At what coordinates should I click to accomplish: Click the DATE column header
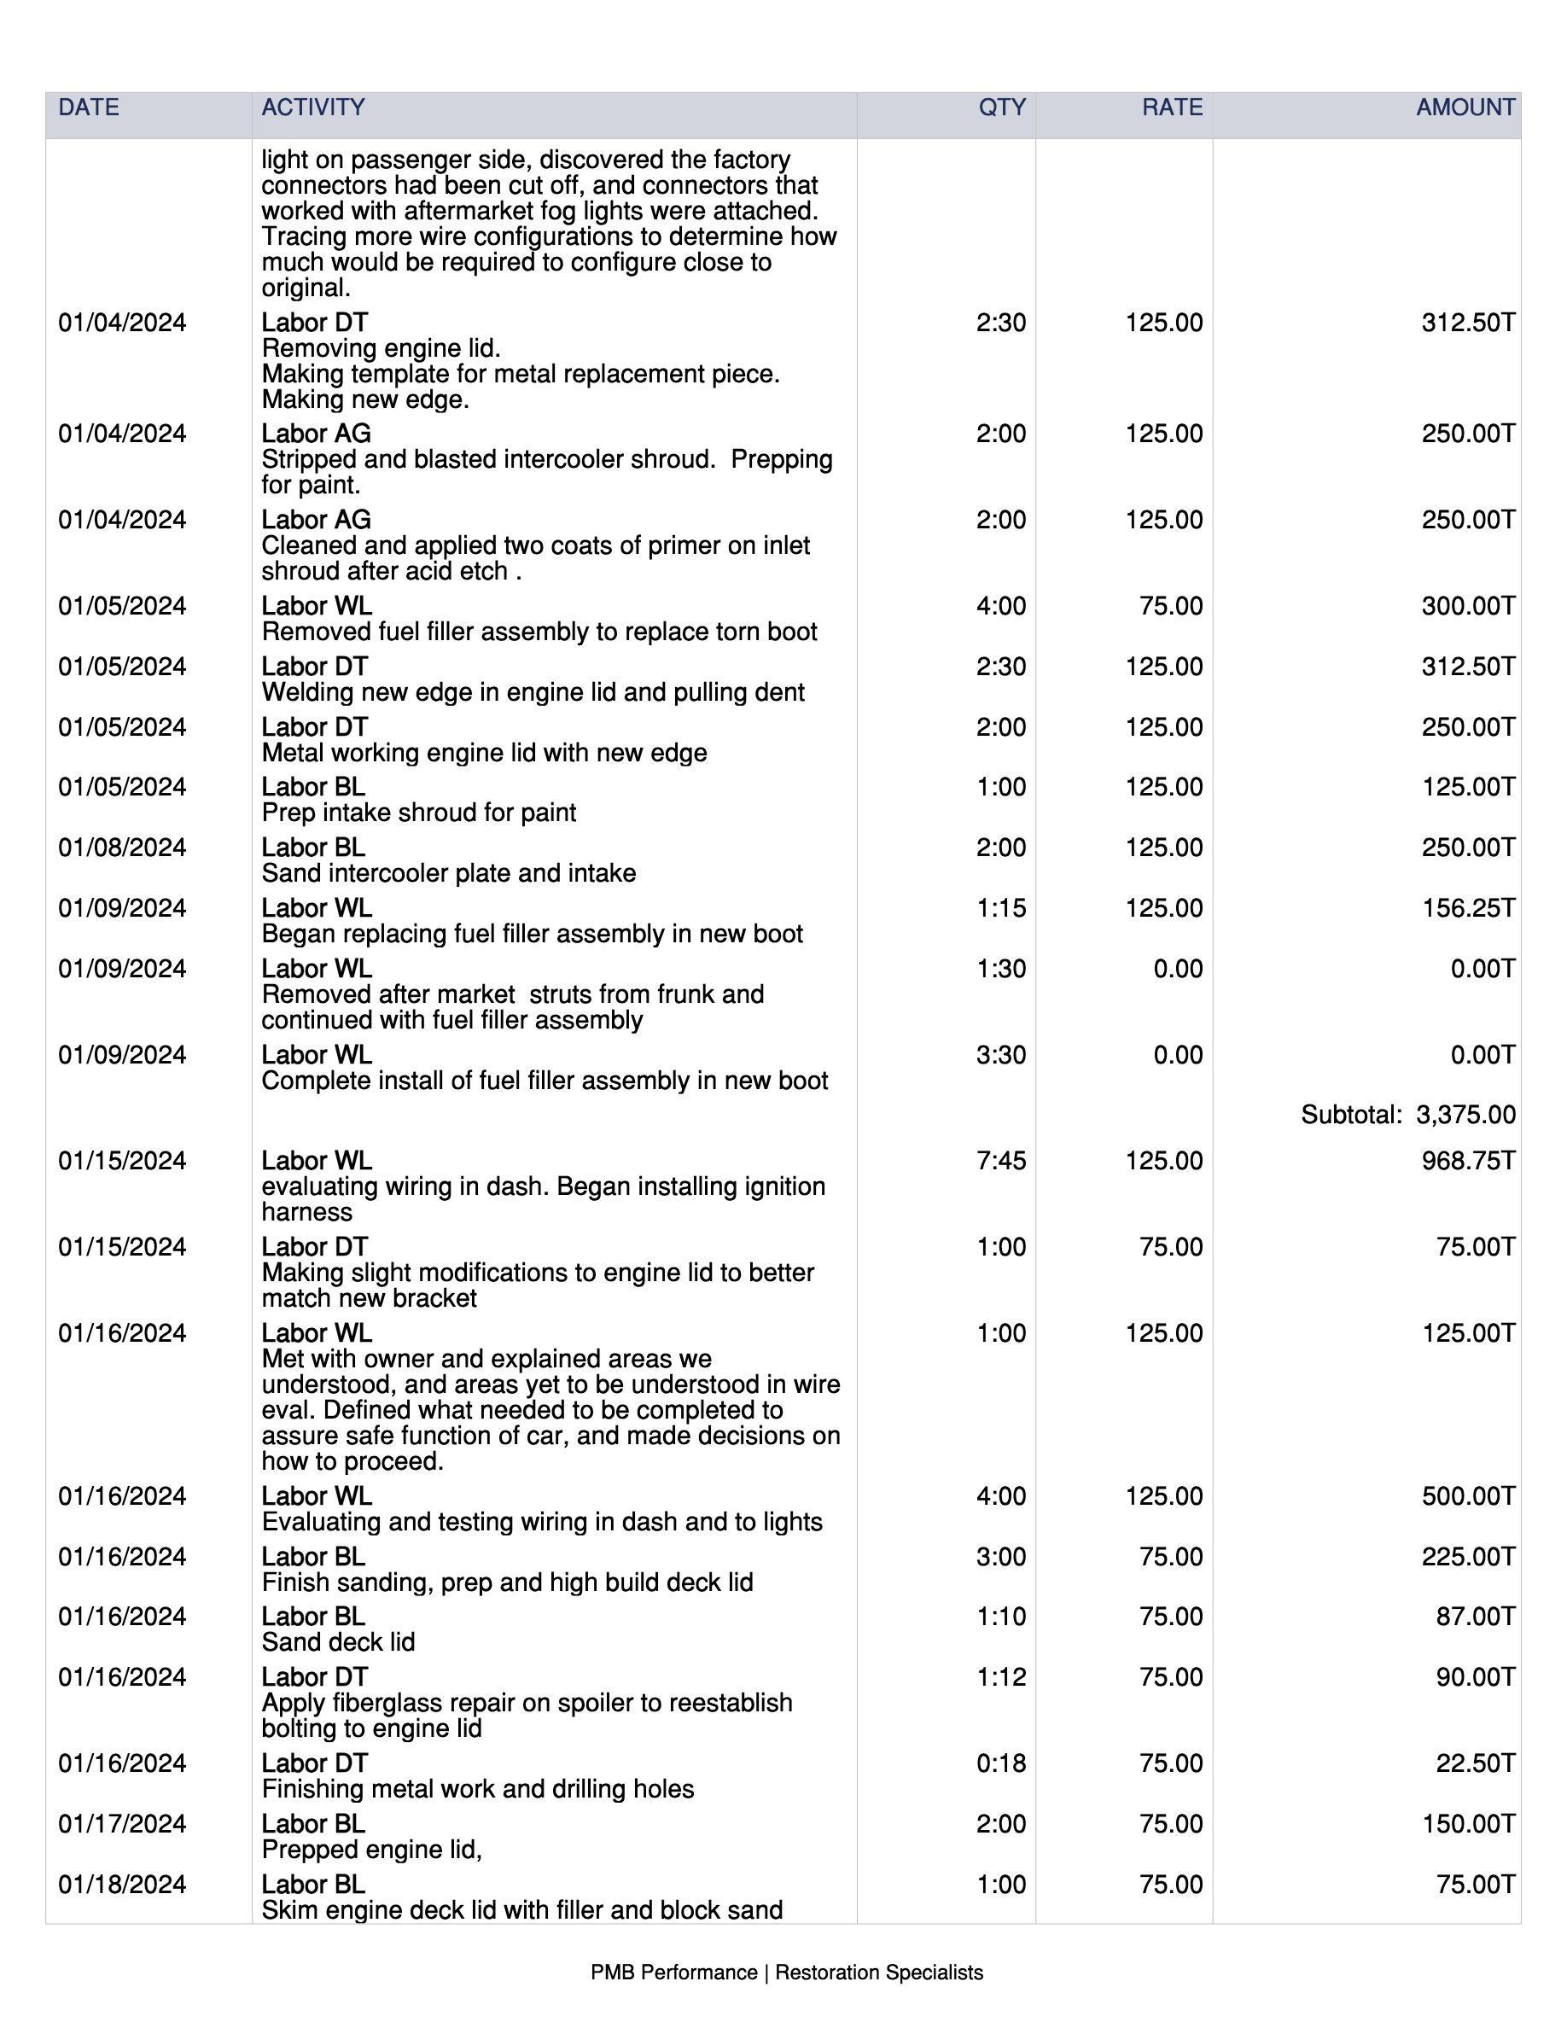tap(88, 108)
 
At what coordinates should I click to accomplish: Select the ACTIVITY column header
tap(313, 108)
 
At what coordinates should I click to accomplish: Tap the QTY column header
tap(1002, 108)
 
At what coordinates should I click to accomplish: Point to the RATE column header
tap(1172, 108)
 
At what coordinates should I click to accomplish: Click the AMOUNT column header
tap(1465, 108)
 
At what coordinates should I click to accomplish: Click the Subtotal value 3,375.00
tap(1465, 1114)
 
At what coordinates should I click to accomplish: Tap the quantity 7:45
tap(1001, 1161)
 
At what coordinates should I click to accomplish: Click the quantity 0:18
tap(1001, 1763)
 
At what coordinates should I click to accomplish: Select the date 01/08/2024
tap(121, 848)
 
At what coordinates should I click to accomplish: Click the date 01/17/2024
tap(121, 1824)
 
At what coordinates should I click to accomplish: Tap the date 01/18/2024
tap(121, 1884)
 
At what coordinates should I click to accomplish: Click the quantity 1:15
tap(1001, 908)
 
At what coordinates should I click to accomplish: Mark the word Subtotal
tap(1351, 1114)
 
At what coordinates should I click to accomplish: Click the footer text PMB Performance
tap(673, 1973)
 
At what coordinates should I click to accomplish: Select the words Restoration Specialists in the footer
tap(878, 1973)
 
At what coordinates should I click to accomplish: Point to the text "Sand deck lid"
tap(338, 1643)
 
